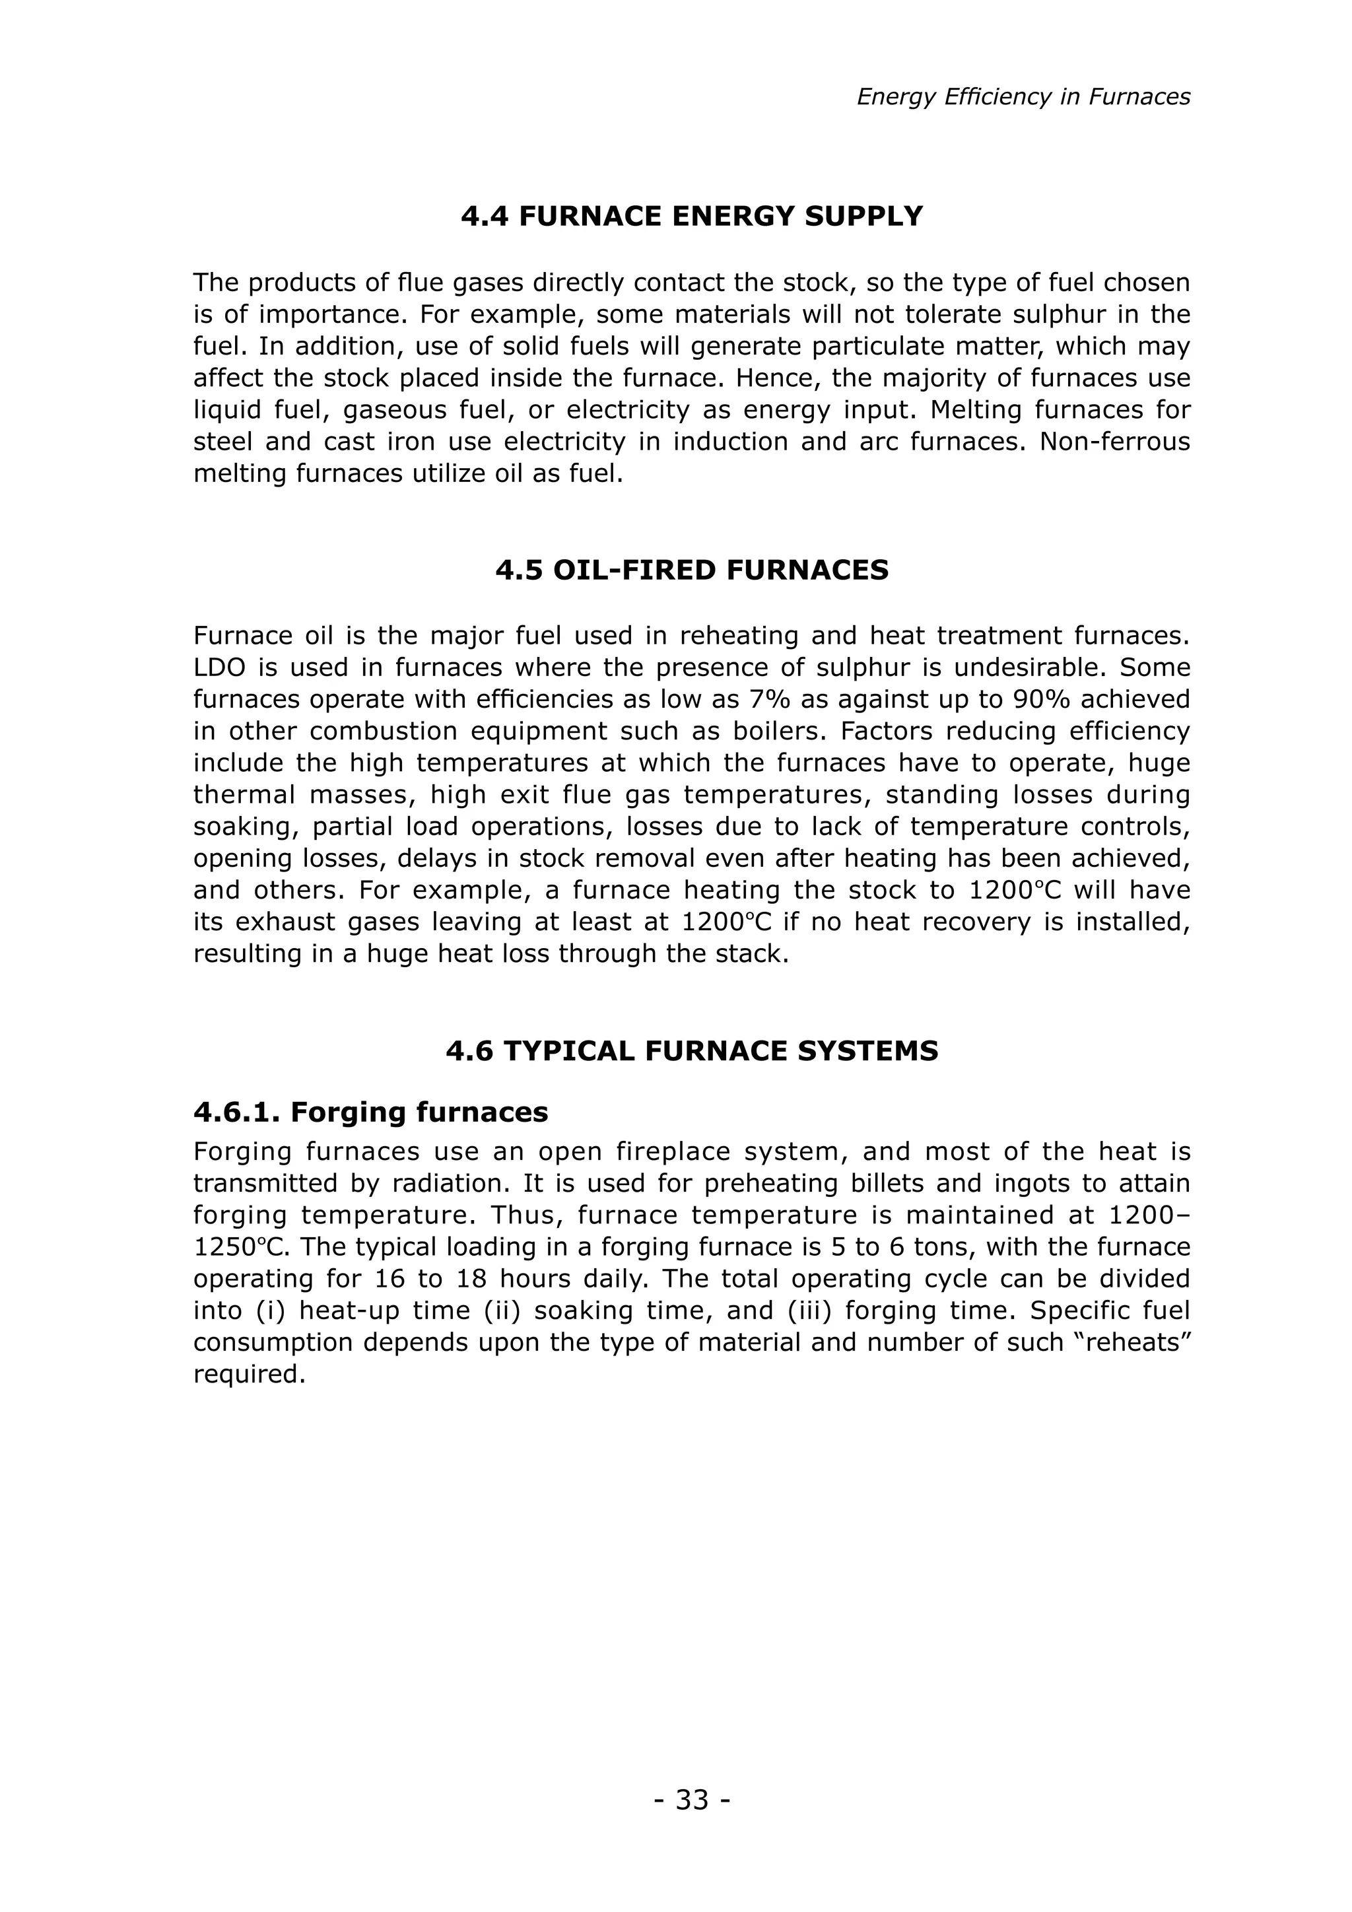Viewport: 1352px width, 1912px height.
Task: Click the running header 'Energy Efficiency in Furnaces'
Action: point(1023,98)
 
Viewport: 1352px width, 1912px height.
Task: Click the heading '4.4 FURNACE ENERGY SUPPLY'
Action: point(692,217)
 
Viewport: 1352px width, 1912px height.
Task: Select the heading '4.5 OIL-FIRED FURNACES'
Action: point(692,570)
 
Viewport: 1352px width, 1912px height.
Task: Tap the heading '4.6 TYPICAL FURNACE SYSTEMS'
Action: point(692,1051)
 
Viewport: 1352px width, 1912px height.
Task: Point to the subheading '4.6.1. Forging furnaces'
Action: point(370,1112)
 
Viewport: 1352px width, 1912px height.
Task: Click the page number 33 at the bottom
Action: point(692,1800)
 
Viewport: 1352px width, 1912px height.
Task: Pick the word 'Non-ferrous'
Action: point(1115,442)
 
